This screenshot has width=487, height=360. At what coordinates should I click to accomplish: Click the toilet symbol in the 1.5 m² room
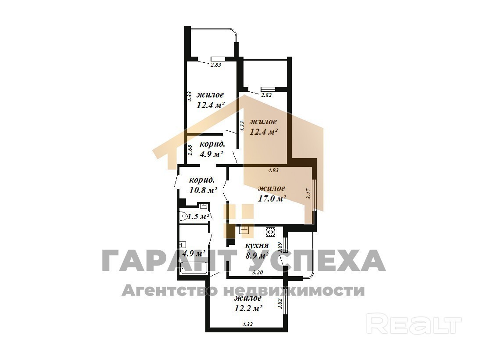184,216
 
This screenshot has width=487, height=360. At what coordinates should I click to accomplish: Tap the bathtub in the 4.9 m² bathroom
194,268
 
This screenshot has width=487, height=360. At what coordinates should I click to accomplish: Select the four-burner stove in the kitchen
271,232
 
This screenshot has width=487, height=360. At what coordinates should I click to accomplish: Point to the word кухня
257,245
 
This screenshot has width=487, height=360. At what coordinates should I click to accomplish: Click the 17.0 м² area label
272,198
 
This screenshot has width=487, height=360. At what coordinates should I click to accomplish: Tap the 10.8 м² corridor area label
203,190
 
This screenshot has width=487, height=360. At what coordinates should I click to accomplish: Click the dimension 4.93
273,170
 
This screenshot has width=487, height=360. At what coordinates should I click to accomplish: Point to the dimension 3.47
308,194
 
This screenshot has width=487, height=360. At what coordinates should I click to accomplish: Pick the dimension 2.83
216,65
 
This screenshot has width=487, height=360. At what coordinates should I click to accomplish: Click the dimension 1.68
191,150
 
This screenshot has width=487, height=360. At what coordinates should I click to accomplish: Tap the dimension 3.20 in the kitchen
258,273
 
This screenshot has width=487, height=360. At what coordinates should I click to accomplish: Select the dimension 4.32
247,324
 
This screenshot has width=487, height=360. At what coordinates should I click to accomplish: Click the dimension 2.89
279,247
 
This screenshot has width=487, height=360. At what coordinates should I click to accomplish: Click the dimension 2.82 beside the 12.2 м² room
279,303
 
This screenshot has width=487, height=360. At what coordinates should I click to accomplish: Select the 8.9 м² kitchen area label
257,256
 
